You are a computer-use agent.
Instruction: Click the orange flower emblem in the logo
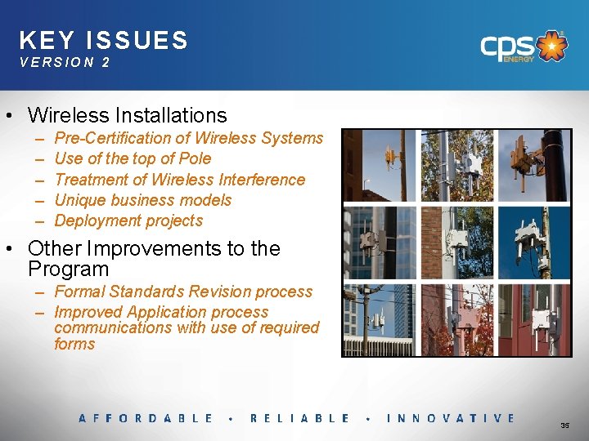(x=555, y=46)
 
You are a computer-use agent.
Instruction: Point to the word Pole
(x=194, y=158)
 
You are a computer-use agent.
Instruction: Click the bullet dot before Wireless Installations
(x=15, y=116)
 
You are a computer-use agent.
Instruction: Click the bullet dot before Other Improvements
(x=15, y=249)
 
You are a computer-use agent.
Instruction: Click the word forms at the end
(x=74, y=344)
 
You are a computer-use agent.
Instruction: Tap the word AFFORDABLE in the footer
(x=146, y=418)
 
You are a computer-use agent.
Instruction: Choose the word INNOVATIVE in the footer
(x=450, y=418)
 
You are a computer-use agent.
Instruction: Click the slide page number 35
(x=564, y=425)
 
